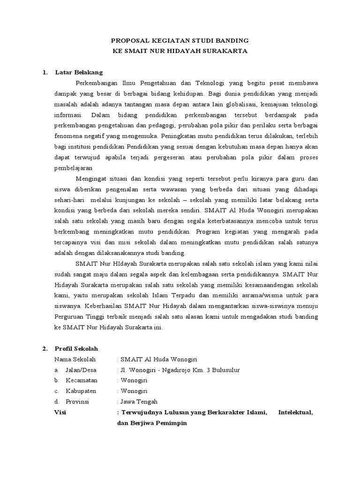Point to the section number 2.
[45, 349]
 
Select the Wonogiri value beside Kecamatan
[134, 381]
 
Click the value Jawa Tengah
[139, 402]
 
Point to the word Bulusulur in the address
[224, 370]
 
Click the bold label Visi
[61, 412]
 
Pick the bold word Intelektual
[295, 412]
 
